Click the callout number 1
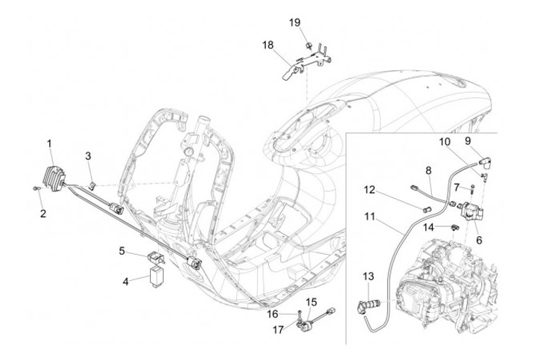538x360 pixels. click(x=49, y=143)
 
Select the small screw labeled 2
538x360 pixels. click(x=36, y=188)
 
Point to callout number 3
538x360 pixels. click(x=88, y=156)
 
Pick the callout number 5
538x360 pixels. click(x=122, y=251)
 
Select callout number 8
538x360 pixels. click(x=429, y=170)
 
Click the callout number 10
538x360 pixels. click(x=445, y=142)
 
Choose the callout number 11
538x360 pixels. click(x=370, y=217)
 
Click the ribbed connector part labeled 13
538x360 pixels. click(x=368, y=304)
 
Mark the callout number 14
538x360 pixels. click(x=428, y=227)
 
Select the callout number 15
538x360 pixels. click(x=311, y=302)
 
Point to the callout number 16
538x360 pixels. click(x=273, y=314)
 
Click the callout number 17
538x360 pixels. click(x=278, y=330)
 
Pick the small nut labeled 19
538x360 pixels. click(x=308, y=45)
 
